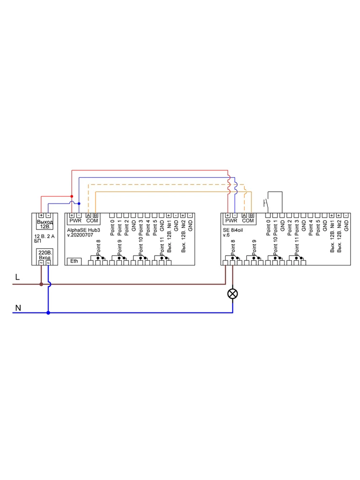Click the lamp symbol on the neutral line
click(232, 294)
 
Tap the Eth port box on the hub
click(73, 261)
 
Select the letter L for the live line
click(17, 277)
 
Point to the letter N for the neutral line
click(18, 308)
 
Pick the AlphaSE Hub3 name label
click(84, 231)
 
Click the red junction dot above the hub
click(72, 196)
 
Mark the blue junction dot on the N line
click(48, 313)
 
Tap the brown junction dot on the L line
click(41, 284)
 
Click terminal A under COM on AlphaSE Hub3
click(88, 216)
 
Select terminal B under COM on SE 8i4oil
click(252, 216)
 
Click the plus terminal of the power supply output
click(41, 216)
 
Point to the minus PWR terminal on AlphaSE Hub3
click(79, 216)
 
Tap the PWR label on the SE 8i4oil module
click(231, 221)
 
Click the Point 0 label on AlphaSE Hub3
click(112, 228)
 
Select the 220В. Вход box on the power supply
click(45, 255)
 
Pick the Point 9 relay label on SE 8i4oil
click(254, 246)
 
